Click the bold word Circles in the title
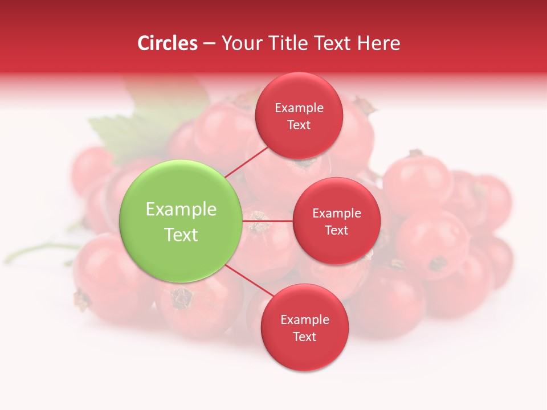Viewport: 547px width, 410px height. pyautogui.click(x=167, y=43)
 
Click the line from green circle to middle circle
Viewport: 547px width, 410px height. pyautogui.click(x=268, y=220)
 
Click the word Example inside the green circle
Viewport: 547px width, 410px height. pyautogui.click(x=181, y=210)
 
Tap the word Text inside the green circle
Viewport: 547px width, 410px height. pyautogui.click(x=181, y=235)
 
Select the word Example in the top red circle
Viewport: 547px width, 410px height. pyautogui.click(x=299, y=108)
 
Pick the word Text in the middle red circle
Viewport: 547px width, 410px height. pyautogui.click(x=336, y=231)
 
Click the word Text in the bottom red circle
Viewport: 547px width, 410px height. pyautogui.click(x=304, y=337)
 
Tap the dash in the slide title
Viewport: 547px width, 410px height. pyautogui.click(x=209, y=44)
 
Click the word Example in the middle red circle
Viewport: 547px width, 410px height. pyautogui.click(x=336, y=214)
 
